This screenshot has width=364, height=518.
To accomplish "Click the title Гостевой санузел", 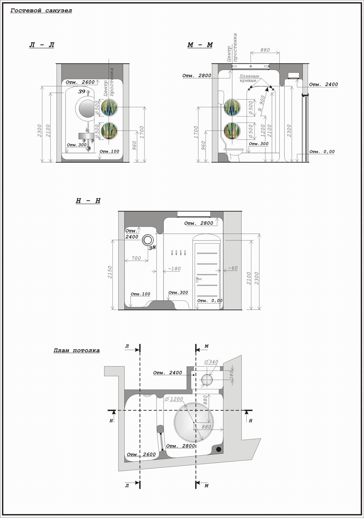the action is point(41,11).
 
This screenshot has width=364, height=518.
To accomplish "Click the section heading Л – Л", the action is point(42,45).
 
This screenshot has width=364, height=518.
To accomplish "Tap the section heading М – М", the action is point(200,45).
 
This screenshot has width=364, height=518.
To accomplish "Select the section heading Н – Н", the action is point(88,201).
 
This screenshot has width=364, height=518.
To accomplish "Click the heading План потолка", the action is point(76,350).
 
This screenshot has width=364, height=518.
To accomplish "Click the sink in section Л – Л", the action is point(86,136).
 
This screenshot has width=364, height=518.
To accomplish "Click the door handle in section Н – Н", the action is point(198,279).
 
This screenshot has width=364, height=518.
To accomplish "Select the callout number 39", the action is point(82,91).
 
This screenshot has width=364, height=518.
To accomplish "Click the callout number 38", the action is point(152,248).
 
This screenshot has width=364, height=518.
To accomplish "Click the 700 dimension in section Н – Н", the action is point(136,258).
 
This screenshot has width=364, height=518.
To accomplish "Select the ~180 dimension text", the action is point(174,269).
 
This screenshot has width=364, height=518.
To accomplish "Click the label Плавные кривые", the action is point(249,78).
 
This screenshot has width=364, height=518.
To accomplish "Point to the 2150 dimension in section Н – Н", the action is point(110,272).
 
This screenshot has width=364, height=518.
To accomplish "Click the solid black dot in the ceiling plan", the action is point(219,449).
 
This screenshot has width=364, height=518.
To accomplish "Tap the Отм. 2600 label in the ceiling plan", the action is point(141,454).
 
